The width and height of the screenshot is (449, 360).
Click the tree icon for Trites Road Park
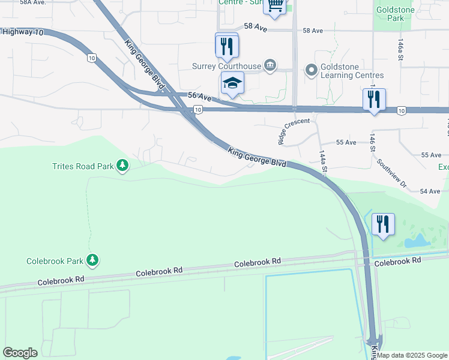tap(122, 165)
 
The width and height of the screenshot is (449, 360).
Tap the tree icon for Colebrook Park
tap(92, 260)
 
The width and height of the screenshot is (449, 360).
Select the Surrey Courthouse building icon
tap(270, 65)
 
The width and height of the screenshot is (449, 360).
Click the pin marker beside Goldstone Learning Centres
tap(311, 70)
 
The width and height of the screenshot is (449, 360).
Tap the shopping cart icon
tap(274, 6)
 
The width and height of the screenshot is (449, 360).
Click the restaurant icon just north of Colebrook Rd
tap(383, 224)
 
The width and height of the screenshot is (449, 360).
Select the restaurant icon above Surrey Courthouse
tap(227, 45)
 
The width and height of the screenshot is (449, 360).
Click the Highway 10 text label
tap(22, 32)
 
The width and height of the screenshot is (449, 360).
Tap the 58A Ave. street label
tap(33, 2)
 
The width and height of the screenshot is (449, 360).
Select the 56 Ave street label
tap(200, 97)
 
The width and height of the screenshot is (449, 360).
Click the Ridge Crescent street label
tap(294, 130)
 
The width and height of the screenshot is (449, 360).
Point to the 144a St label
tap(323, 163)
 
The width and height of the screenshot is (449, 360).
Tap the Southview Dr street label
tap(391, 174)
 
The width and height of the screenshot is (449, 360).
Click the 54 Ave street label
tap(430, 191)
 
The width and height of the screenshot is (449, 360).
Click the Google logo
tap(20, 353)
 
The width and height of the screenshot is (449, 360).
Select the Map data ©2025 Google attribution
tap(412, 355)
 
